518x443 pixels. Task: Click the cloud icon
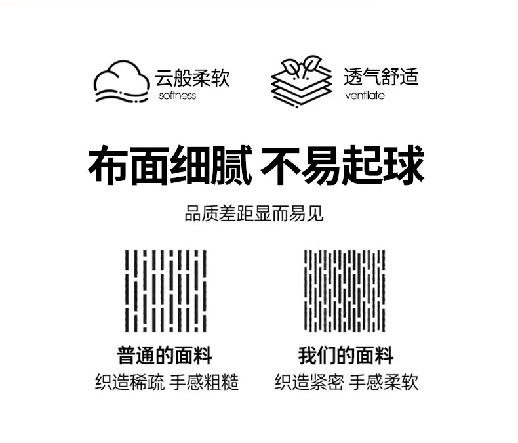click(122, 83)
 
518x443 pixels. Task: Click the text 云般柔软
click(192, 78)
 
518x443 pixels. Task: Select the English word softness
click(177, 96)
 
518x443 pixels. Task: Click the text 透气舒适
click(380, 77)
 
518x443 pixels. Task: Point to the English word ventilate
click(364, 96)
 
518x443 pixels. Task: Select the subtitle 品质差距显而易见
click(254, 214)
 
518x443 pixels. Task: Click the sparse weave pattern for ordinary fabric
click(165, 291)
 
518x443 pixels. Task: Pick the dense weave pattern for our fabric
click(345, 291)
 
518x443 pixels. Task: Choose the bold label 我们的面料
click(346, 356)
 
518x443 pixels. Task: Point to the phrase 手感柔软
click(384, 383)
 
